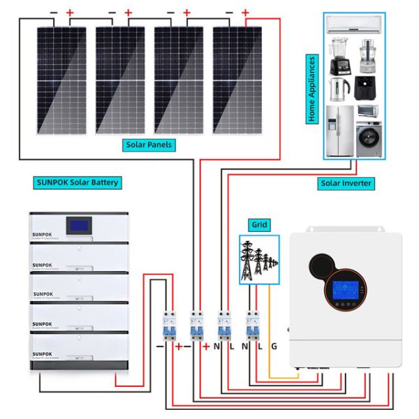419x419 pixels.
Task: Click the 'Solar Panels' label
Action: coord(149,145)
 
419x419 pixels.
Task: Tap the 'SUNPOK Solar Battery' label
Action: coord(77,183)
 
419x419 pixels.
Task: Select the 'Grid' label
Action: coord(259,226)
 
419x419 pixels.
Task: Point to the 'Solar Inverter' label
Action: coord(346,183)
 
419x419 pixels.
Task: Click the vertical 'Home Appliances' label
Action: coord(312,89)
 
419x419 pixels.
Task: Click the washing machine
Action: coord(369,140)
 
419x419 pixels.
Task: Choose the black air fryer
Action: coord(368,89)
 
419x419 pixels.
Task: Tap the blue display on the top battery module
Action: coord(78,226)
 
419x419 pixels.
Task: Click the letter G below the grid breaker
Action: coord(273,346)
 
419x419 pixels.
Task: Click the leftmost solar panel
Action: coord(62,80)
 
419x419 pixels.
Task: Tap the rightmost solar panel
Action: coord(237,80)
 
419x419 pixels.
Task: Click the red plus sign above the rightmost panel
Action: coord(244,13)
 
